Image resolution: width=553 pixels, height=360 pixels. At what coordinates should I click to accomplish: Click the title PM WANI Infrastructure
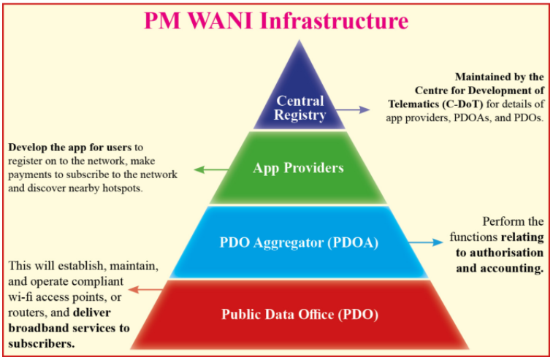pos(276,20)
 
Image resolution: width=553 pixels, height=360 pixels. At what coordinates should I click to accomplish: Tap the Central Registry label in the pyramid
pos(300,108)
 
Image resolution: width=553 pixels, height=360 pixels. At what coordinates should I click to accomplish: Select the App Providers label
pos(298,168)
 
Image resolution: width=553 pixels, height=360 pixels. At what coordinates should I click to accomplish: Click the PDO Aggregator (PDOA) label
pos(299,242)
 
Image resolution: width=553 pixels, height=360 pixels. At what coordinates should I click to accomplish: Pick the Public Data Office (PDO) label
pos(300,314)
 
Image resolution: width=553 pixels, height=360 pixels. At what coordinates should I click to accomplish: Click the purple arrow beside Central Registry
pos(353,110)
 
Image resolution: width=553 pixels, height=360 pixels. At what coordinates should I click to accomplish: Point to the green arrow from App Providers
pos(212,169)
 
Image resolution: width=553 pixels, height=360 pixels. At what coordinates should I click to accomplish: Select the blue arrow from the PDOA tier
pos(426,242)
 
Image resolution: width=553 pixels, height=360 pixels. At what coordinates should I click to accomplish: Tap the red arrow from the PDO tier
pos(145,290)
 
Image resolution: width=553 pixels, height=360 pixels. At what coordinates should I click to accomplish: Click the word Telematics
pos(413,104)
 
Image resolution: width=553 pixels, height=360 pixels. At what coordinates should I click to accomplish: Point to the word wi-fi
pos(20,297)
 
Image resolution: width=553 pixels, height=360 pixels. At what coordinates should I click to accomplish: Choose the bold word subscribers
pos(41,344)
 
